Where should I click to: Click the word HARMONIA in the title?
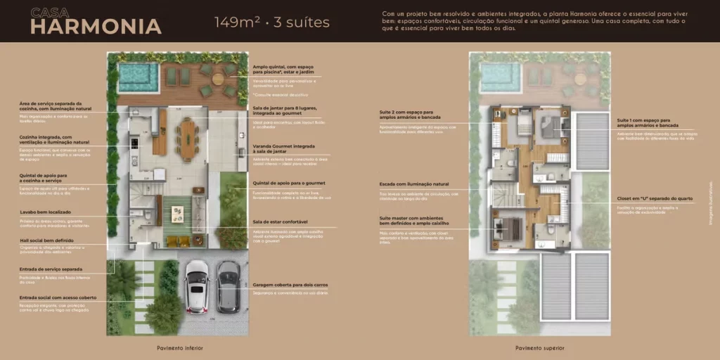[96, 27]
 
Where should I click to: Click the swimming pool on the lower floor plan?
[138, 72]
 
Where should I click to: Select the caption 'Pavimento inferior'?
[179, 347]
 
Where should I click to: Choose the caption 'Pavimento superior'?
[539, 347]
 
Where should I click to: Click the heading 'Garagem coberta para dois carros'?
[290, 285]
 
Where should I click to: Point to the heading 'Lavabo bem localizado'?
[44, 212]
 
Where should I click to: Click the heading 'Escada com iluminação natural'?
[414, 184]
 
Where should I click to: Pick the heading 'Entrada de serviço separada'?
[51, 269]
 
